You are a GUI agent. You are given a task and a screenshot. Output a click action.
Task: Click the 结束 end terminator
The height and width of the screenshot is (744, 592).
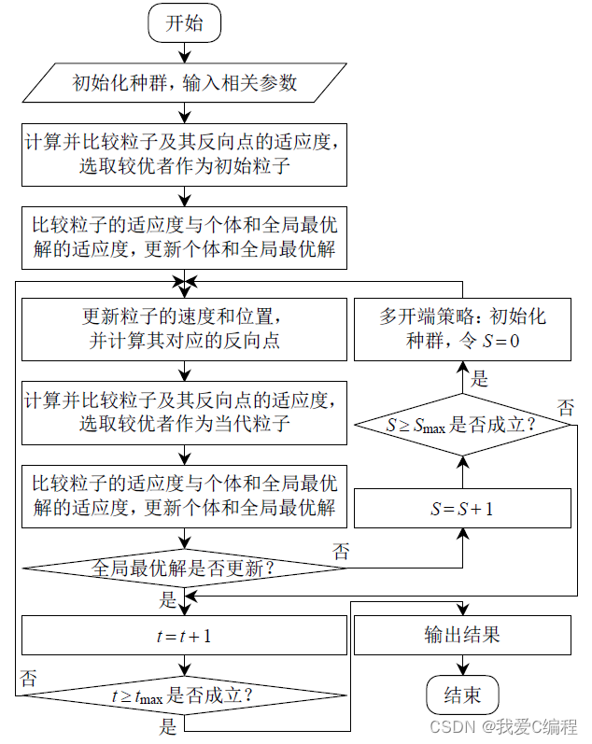click(462, 695)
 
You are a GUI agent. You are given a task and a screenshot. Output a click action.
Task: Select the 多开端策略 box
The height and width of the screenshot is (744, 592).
click(462, 329)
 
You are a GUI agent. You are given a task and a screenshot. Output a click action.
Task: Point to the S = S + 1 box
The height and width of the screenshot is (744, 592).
click(462, 510)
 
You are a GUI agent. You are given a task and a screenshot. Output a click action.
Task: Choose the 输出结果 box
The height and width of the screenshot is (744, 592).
click(462, 636)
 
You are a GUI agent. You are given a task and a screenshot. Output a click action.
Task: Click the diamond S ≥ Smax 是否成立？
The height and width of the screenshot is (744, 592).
click(462, 425)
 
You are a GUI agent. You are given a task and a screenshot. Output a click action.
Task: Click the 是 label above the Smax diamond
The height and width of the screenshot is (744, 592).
click(479, 378)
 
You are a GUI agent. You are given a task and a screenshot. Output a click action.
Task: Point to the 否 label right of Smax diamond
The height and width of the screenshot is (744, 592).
click(566, 407)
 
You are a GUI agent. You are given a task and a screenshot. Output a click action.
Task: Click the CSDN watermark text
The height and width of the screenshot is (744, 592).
click(504, 726)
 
